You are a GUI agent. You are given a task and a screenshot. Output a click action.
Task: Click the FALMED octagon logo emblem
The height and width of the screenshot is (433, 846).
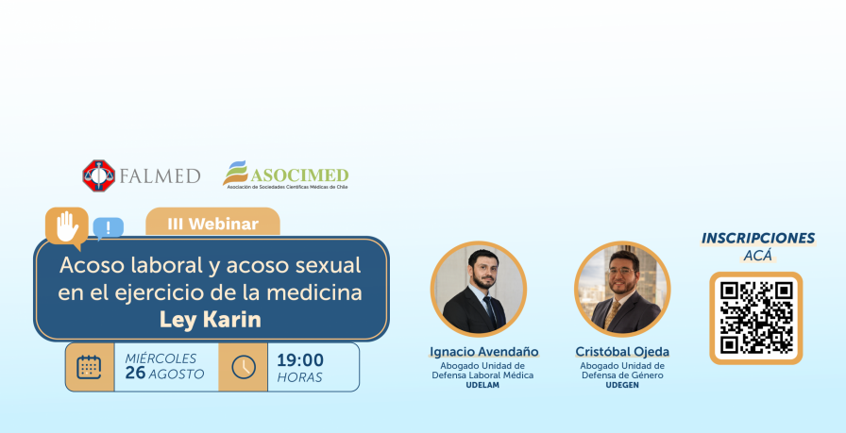[x=99, y=175]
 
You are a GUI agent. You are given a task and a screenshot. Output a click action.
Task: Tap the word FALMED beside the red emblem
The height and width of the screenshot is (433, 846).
[x=161, y=176]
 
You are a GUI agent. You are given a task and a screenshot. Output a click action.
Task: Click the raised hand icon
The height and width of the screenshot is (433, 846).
[x=67, y=226]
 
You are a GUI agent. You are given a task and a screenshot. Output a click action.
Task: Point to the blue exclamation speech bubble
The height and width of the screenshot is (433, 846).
[x=108, y=228]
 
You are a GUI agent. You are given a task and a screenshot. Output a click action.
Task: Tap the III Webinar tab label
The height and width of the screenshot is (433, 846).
[x=212, y=224]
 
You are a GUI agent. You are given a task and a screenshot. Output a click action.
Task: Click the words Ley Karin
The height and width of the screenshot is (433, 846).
[x=211, y=320]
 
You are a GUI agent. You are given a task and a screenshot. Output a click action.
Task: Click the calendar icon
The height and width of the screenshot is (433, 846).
[x=89, y=367]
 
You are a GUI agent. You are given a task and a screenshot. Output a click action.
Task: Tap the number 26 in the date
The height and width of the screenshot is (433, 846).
[x=135, y=374]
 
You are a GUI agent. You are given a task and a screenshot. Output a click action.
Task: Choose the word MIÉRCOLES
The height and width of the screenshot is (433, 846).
[x=161, y=358]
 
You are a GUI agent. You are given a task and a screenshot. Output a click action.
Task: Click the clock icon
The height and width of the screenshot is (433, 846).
[x=244, y=367]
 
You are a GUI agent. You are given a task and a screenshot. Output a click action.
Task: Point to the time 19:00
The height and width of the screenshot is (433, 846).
[x=300, y=359]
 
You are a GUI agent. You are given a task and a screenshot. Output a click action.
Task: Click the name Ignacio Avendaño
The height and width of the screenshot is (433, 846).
[x=484, y=352]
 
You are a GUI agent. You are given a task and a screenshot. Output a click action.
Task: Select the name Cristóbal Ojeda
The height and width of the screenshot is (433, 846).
[x=622, y=352]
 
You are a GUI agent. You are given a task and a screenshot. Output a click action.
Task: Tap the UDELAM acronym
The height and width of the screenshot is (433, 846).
[x=482, y=385]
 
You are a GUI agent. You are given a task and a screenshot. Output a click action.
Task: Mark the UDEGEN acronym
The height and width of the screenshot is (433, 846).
[x=622, y=385]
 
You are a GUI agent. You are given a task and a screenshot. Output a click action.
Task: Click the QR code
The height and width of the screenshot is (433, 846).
[x=756, y=318]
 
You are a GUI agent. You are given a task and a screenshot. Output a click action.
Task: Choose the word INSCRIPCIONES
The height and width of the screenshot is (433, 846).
[x=758, y=239]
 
